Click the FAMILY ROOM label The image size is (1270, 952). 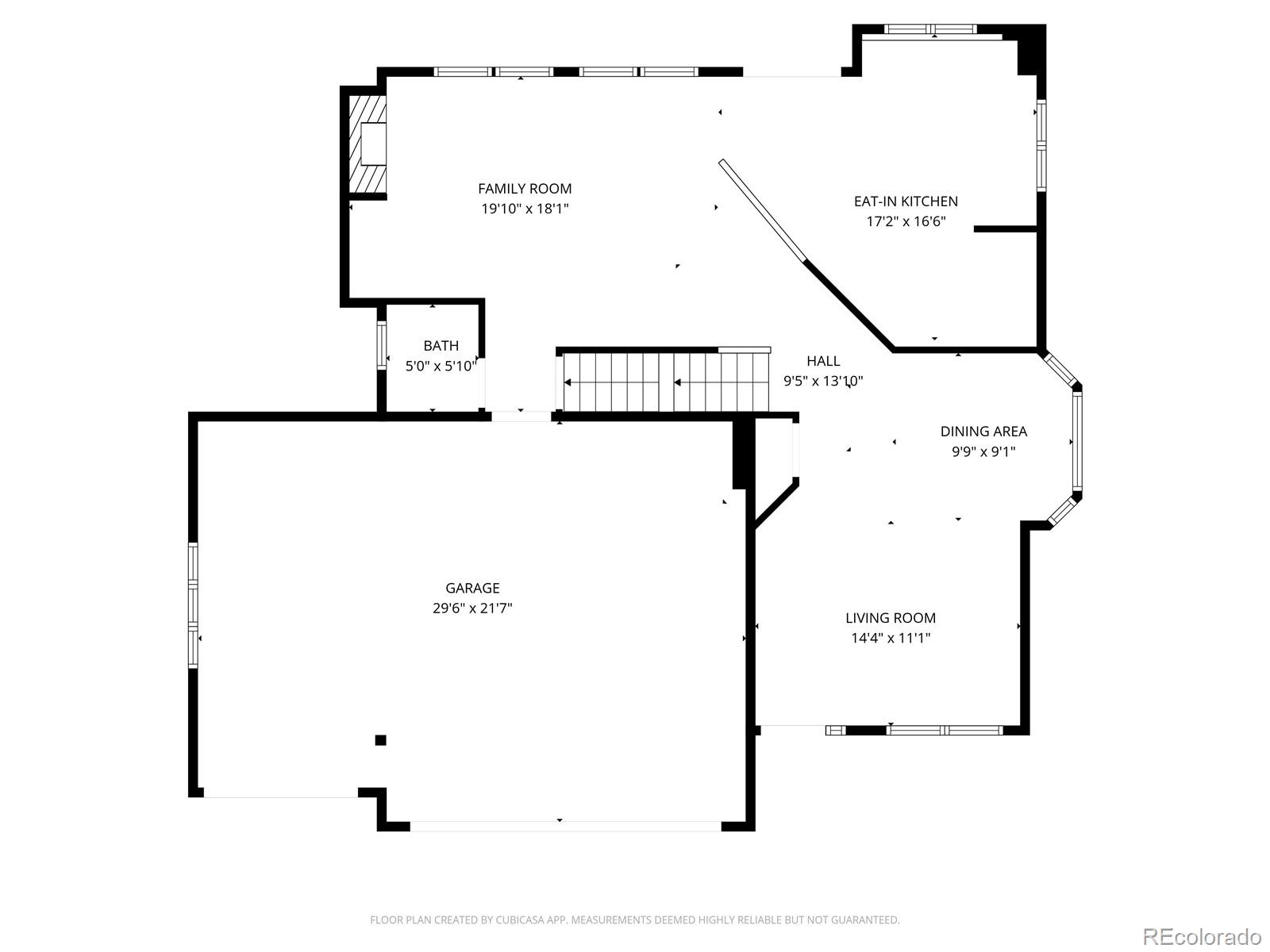[x=525, y=189]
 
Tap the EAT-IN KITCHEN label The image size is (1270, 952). [x=906, y=202]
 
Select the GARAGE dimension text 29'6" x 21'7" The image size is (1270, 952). [x=472, y=608]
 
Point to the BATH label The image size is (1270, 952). [x=441, y=346]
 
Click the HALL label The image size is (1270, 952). [x=823, y=361]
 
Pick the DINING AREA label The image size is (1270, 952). [x=983, y=432]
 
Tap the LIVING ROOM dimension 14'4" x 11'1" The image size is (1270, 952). [x=891, y=638]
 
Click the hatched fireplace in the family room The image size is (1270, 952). [x=367, y=144]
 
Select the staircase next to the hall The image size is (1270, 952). [x=664, y=382]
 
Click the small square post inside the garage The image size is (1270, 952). [x=381, y=740]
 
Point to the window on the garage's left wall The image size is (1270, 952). [x=193, y=606]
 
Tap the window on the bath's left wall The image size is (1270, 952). [x=381, y=345]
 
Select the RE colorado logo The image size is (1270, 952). [x=1202, y=936]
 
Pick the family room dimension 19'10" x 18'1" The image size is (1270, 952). [x=525, y=209]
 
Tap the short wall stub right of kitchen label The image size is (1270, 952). [x=1005, y=229]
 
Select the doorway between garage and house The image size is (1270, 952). [x=521, y=416]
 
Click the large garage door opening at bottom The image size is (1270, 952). [x=565, y=826]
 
